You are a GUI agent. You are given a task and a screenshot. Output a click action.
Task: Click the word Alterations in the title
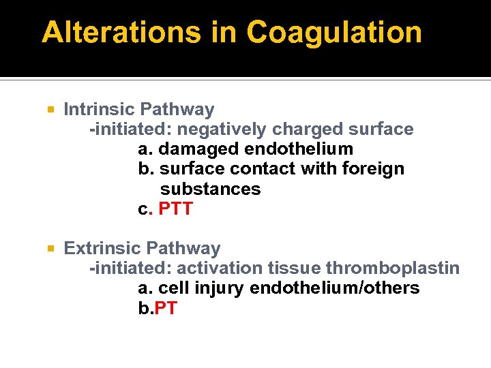coord(119,32)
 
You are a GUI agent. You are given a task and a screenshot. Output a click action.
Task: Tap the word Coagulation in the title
coord(334,32)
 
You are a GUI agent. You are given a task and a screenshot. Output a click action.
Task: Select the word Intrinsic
coord(100,109)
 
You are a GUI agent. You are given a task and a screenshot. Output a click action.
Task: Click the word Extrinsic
coord(103,248)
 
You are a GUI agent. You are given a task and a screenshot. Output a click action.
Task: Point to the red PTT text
coord(176,209)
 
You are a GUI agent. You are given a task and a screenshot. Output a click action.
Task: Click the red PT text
coord(166,308)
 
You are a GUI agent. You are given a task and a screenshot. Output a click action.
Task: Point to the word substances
coord(210,189)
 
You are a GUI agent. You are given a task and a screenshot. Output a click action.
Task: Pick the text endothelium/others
coord(334,288)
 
